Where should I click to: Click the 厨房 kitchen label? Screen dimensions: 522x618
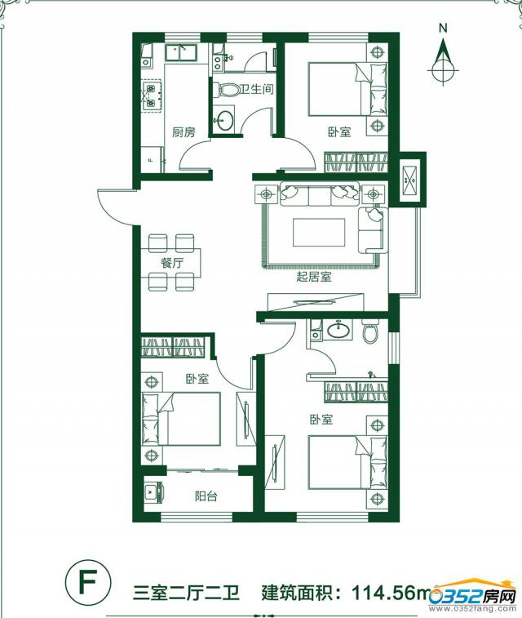[184, 132]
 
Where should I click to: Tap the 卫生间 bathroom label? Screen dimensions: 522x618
[257, 89]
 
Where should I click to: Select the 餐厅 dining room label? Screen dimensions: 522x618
[172, 263]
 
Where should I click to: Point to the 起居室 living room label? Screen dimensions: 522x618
[314, 277]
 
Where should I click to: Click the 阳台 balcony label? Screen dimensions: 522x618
[206, 496]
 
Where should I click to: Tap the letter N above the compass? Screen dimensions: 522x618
[444, 28]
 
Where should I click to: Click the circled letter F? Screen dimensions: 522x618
[88, 583]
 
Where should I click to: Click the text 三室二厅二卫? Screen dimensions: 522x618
[186, 592]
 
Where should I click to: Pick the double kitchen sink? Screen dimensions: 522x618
[180, 53]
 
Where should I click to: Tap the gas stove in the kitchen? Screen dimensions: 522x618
[152, 96]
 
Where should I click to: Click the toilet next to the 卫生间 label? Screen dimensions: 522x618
[227, 91]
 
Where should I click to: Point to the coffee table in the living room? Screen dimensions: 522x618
[319, 232]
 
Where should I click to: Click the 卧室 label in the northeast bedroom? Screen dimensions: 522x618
[339, 131]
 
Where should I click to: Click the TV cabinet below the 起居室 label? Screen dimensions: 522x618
[315, 302]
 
